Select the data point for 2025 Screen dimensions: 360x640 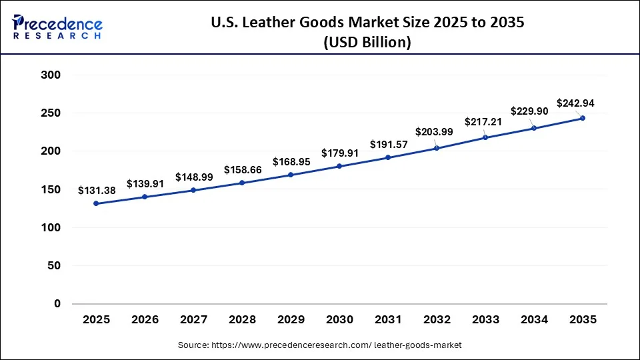(x=96, y=203)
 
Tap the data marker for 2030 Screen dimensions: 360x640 (x=339, y=166)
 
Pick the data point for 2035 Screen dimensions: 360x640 (x=583, y=118)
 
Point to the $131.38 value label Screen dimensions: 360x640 (x=97, y=191)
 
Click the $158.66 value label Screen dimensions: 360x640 (x=243, y=169)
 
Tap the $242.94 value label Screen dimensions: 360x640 (x=575, y=103)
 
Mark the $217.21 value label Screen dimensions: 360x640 (x=485, y=123)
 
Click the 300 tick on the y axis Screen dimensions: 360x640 (x=51, y=75)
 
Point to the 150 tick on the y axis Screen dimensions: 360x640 (x=51, y=189)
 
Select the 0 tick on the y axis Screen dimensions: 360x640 (x=57, y=304)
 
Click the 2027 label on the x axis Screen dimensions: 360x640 (x=193, y=320)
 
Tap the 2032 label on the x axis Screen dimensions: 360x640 (x=437, y=320)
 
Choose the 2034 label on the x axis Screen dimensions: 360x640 (x=534, y=320)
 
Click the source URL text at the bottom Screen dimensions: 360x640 (x=319, y=345)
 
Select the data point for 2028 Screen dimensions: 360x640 (x=242, y=183)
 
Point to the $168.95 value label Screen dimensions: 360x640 (x=291, y=162)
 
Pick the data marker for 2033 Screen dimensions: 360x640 (x=485, y=137)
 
